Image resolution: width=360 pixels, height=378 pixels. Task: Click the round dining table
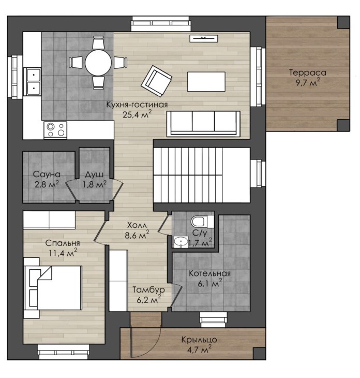[x=98, y=63]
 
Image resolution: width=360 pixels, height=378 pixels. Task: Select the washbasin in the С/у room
[x=181, y=241]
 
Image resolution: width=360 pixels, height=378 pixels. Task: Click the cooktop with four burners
[x=55, y=130]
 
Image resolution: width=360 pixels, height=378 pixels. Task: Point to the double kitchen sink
[x=34, y=81]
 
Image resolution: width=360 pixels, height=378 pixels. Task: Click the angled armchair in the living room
[x=157, y=81]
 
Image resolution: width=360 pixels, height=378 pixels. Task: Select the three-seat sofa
[x=203, y=123]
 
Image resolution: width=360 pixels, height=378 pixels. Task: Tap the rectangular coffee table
[x=206, y=82]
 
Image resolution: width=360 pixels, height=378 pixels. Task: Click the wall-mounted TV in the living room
[x=204, y=38]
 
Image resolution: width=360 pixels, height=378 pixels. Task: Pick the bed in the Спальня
[x=53, y=288]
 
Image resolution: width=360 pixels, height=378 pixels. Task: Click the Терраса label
[x=308, y=73]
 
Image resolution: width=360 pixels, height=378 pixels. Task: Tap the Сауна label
[x=47, y=174]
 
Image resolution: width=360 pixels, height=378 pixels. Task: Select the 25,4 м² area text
[x=137, y=114]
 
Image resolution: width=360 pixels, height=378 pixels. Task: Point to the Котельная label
[x=209, y=273]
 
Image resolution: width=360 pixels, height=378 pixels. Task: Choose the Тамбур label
[x=149, y=289]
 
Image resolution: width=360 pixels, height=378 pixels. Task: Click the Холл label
[x=137, y=225]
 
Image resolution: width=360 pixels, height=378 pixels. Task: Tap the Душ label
[x=94, y=175]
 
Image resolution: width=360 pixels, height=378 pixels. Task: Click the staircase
[x=202, y=175]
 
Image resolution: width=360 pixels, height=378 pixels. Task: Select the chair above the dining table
[x=98, y=42]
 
